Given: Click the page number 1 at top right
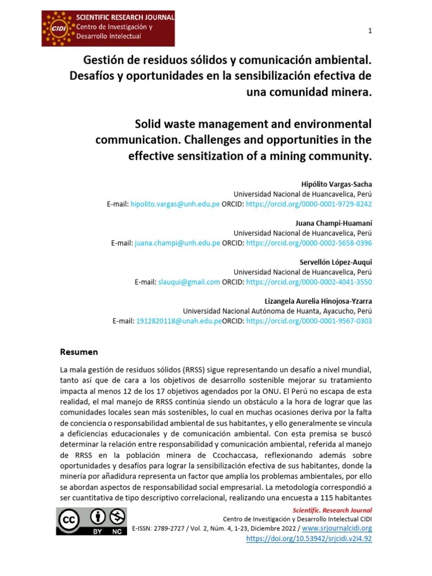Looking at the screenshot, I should click(x=370, y=31).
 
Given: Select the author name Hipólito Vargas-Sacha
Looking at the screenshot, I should click(x=337, y=184).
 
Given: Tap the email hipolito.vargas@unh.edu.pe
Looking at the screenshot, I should click(x=175, y=204).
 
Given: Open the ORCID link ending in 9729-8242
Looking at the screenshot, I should click(x=309, y=204).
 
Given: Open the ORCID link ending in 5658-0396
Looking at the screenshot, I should click(x=309, y=243).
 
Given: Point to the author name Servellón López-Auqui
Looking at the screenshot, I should click(x=335, y=262).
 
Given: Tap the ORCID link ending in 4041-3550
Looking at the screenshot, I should click(x=309, y=282).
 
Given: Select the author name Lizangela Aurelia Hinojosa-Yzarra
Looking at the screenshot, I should click(x=318, y=301).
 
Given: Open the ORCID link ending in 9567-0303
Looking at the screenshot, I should click(x=309, y=321).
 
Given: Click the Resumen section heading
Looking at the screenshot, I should click(x=79, y=352).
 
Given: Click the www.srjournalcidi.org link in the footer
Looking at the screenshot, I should click(x=337, y=528).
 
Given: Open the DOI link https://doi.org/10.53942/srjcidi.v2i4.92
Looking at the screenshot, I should click(x=309, y=538).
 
